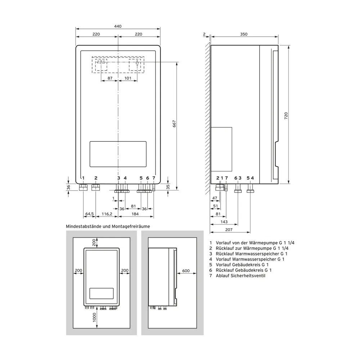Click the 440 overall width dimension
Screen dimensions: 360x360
pos(118,26)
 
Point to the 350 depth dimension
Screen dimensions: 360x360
pos(244,34)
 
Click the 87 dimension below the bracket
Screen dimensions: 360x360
pos(110,78)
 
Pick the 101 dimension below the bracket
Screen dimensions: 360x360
pos(127,78)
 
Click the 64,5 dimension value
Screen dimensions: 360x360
pos(89,214)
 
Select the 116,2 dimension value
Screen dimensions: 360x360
pos(107,214)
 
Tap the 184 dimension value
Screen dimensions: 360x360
pos(135,214)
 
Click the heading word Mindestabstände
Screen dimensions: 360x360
pos(84,226)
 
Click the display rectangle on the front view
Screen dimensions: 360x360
pos(118,154)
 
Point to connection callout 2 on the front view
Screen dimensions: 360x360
pos(96,178)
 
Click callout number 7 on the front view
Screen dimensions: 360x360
pos(154,178)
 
